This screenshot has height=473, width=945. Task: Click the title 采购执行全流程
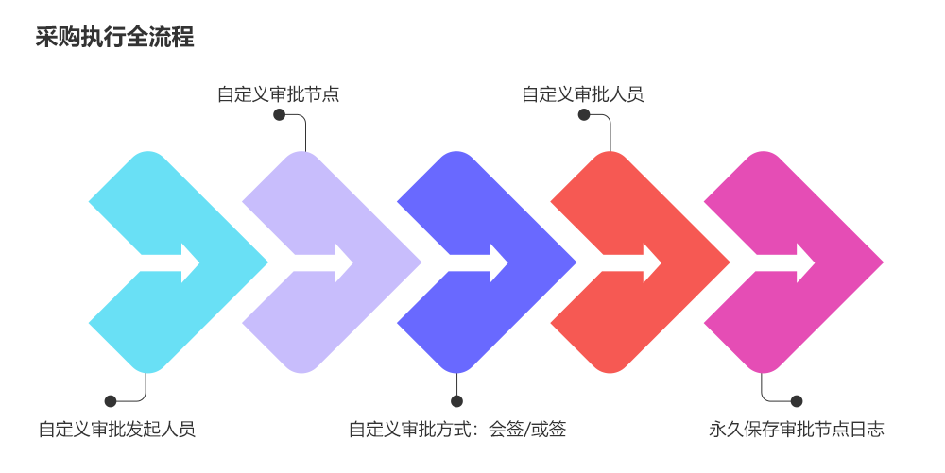[115, 38]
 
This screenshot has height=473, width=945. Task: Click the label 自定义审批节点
[278, 94]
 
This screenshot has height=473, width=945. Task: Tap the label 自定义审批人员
[582, 94]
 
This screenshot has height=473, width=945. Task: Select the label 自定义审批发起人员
[117, 430]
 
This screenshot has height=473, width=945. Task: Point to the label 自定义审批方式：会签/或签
[457, 430]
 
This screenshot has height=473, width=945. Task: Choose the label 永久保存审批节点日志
[796, 430]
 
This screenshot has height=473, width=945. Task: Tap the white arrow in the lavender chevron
[327, 262]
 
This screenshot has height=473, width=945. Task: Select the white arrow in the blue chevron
[481, 262]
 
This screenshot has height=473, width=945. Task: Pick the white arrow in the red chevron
[635, 262]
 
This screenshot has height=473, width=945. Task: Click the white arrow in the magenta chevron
[789, 262]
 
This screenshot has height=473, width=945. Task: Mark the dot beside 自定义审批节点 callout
[279, 115]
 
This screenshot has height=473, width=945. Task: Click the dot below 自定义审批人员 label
[584, 115]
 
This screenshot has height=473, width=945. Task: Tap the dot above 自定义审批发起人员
[111, 400]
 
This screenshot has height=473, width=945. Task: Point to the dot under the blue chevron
[457, 400]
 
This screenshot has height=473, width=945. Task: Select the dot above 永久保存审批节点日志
[796, 400]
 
